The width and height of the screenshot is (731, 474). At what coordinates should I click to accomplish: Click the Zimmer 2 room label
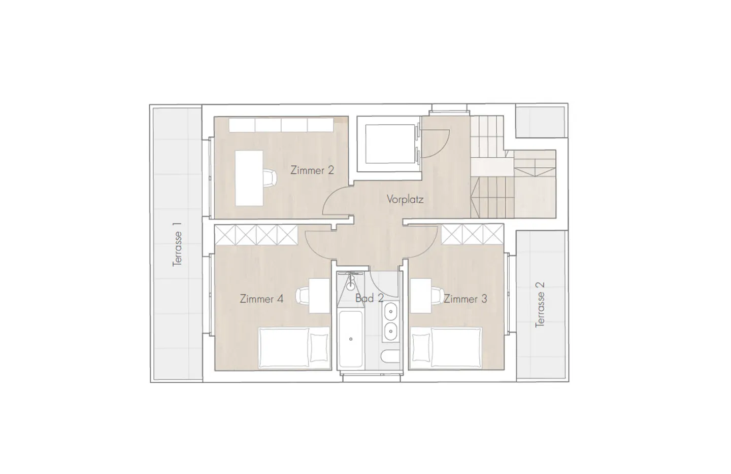click(312, 170)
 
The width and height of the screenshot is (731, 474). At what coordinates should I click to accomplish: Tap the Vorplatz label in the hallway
click(405, 199)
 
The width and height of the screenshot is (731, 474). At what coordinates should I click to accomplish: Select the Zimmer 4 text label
click(261, 299)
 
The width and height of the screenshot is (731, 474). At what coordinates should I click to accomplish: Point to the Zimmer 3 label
click(465, 299)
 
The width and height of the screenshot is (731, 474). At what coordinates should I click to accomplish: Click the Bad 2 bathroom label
click(369, 298)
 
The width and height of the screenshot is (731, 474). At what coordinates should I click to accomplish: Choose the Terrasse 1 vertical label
click(177, 249)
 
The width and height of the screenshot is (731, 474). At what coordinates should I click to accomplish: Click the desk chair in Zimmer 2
click(270, 178)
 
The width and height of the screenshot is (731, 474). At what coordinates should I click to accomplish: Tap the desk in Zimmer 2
click(249, 178)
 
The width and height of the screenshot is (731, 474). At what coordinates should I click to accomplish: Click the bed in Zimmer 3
click(446, 348)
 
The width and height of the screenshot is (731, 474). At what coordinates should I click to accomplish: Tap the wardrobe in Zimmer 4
click(256, 234)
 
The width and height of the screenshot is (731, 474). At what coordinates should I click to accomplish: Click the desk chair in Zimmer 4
click(303, 295)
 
